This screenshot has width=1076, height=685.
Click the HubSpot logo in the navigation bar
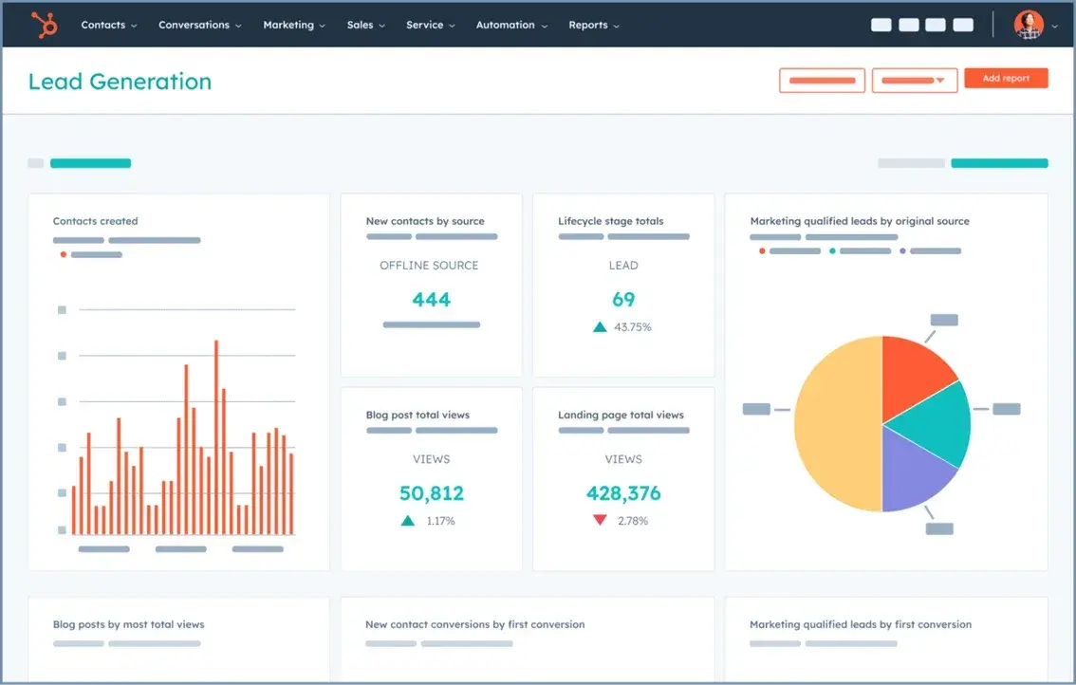point(45,24)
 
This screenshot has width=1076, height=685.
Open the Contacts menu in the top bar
point(108,25)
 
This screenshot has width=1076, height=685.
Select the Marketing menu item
point(293,25)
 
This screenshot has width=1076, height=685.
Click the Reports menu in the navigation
point(593,25)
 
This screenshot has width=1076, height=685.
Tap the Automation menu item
point(510,25)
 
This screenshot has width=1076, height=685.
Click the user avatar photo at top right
point(1028,25)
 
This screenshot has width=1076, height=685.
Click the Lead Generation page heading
point(120,82)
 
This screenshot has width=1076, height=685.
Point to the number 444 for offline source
point(431,300)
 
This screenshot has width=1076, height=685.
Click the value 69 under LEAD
point(623,300)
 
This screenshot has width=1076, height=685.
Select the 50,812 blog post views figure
point(431,493)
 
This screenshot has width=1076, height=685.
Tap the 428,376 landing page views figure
point(623,493)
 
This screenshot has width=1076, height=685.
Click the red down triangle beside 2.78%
point(600,520)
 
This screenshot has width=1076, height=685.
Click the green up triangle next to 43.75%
point(600,326)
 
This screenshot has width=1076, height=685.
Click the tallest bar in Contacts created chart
point(216,436)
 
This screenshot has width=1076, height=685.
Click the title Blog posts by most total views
point(128,624)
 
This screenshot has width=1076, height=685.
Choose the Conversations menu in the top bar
point(199,25)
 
